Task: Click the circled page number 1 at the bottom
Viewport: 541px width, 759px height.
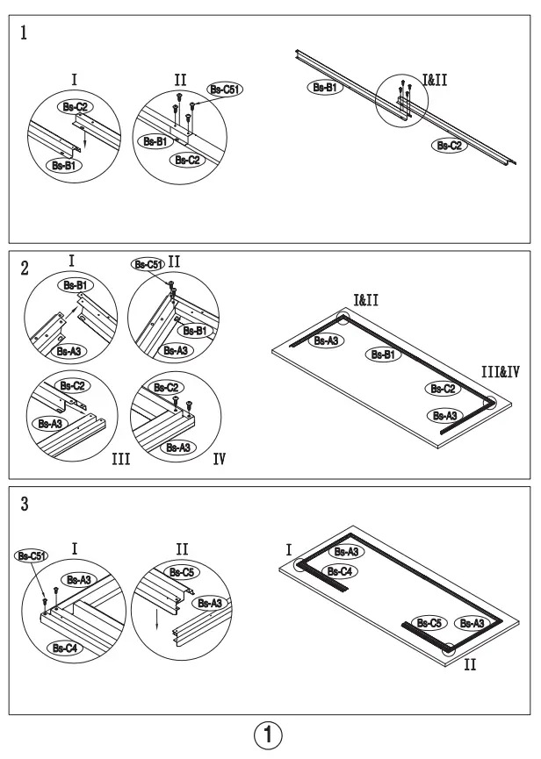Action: tap(270, 734)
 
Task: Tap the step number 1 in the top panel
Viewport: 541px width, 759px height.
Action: tap(24, 33)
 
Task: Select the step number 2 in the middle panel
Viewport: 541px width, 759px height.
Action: tap(24, 270)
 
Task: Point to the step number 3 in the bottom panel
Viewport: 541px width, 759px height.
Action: tap(24, 506)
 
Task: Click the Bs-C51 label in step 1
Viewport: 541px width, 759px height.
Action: tap(224, 89)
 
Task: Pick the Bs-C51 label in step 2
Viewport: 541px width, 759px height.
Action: tap(147, 263)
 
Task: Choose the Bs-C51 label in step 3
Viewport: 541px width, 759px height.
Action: tap(31, 555)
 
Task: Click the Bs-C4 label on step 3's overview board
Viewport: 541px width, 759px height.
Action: tap(343, 570)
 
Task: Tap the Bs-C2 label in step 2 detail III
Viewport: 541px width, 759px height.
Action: tap(72, 386)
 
